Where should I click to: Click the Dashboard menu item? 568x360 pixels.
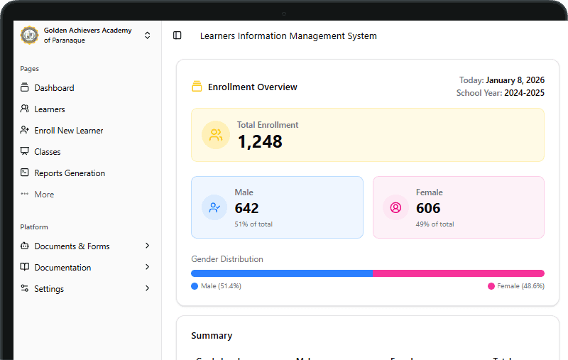point(54,88)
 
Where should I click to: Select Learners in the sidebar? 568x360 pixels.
point(50,109)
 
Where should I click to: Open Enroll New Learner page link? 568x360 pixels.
point(68,131)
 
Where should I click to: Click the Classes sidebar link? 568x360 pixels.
point(48,152)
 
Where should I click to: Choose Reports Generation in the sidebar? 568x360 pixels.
point(70,173)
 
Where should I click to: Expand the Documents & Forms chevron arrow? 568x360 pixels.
point(147,246)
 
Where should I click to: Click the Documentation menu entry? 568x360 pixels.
point(62,268)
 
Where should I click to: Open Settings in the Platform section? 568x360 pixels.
point(49,289)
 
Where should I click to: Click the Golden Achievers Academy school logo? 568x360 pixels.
point(29,36)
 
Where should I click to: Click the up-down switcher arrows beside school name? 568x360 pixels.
point(147,36)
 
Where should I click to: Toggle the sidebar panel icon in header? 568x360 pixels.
point(177,36)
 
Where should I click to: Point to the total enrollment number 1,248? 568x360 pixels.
point(260,142)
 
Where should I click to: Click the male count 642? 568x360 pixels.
point(246,208)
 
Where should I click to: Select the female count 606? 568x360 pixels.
point(428,208)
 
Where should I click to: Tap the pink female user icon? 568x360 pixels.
point(395,207)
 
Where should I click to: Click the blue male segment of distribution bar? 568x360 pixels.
point(282,273)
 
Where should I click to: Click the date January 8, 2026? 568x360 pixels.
point(515,80)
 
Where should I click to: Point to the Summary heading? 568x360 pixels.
point(212,336)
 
